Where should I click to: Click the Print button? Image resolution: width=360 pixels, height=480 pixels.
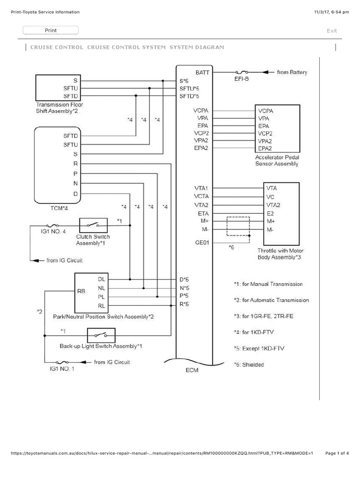[x=51, y=30]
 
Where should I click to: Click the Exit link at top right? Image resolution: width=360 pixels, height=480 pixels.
[x=332, y=31]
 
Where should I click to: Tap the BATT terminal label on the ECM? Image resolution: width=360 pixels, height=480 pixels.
[x=202, y=72]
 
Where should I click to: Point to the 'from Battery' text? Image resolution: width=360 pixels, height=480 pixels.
[x=292, y=72]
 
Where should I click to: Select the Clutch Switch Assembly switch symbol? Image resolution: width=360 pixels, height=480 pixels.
[x=94, y=225]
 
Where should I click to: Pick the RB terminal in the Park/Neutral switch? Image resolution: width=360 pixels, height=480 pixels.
[x=81, y=291]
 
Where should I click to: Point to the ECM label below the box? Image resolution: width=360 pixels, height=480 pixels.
[x=192, y=370]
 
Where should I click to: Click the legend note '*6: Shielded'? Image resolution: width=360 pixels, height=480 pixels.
[x=249, y=364]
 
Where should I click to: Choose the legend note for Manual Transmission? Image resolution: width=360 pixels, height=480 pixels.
[x=268, y=284]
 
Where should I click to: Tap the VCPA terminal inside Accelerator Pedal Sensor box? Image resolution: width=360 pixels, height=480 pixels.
[x=266, y=111]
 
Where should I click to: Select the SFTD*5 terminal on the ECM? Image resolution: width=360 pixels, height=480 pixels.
[x=190, y=96]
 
